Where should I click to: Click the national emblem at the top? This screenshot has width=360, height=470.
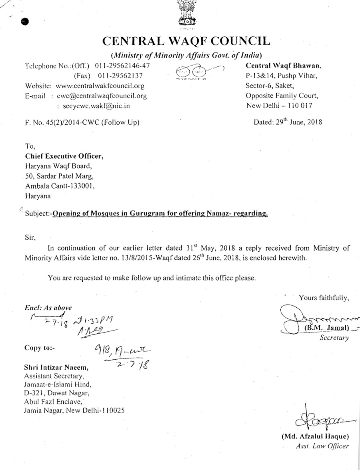186,14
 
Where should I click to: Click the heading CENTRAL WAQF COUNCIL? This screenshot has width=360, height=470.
186,41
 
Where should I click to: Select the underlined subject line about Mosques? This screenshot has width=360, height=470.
160,213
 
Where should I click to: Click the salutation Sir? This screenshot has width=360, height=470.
30,237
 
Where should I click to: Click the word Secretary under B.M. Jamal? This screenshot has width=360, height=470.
334,338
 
